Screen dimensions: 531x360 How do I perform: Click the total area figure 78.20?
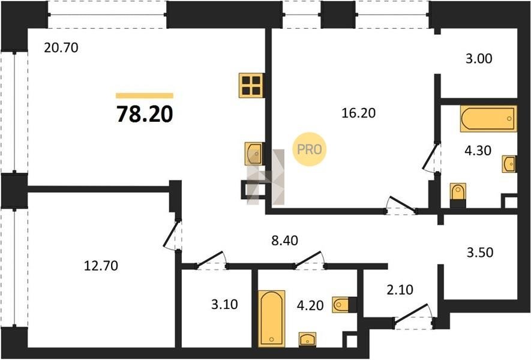tap(145, 114)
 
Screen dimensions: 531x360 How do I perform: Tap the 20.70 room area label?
tap(61, 48)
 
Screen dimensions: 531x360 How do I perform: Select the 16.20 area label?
tap(358, 113)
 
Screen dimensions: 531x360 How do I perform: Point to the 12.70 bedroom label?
tap(101, 266)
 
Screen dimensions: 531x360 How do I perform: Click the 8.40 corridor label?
tap(285, 241)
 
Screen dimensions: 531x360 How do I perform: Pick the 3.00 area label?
tap(479, 59)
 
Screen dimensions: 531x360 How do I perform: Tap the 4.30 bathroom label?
tap(478, 151)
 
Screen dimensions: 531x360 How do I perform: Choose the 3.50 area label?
tap(480, 253)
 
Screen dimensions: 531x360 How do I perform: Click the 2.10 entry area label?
tap(400, 290)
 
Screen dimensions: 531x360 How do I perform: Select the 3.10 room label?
tap(224, 304)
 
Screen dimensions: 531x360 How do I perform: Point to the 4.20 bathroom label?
tap(310, 305)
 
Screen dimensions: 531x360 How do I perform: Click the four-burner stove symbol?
tap(251, 85)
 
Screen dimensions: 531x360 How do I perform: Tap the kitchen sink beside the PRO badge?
tap(254, 154)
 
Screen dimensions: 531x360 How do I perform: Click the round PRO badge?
tap(309, 149)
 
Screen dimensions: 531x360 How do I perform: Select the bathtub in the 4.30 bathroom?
tap(488, 119)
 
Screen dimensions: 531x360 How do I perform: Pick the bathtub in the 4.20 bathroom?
tap(272, 319)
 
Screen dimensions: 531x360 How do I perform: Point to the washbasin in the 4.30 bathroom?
tap(509, 164)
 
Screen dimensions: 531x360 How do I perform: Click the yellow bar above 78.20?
tap(145, 95)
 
